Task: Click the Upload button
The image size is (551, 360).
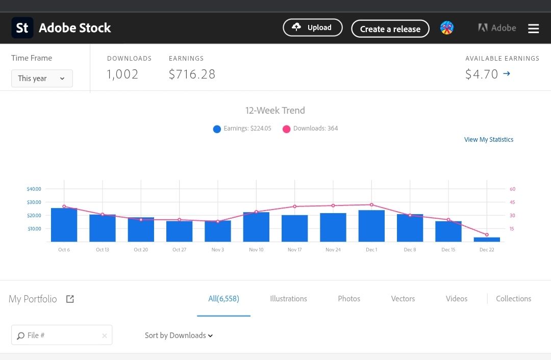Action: coord(312,28)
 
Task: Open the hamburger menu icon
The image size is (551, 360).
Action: coord(533,29)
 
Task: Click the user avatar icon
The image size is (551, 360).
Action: coord(447,28)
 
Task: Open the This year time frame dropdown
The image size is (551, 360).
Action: coord(42,79)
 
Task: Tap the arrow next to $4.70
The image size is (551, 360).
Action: coord(507,74)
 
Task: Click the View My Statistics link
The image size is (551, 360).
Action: coord(488,140)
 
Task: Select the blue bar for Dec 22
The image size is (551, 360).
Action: coord(487,239)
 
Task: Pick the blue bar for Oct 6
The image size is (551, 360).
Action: coord(64,225)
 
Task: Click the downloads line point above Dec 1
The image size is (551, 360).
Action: coord(371,204)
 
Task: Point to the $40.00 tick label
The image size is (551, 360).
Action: coord(34,189)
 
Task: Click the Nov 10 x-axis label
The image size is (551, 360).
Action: coord(256,250)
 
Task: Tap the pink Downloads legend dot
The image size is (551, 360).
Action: coord(286,129)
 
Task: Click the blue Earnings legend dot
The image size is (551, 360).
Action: coord(217,129)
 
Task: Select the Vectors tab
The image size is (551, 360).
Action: coord(403,299)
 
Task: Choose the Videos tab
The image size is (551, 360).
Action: coord(456,299)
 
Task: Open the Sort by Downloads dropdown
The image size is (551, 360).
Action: coord(179,336)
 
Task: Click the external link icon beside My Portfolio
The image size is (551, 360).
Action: coord(70,299)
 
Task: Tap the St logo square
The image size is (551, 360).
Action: coord(22,28)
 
